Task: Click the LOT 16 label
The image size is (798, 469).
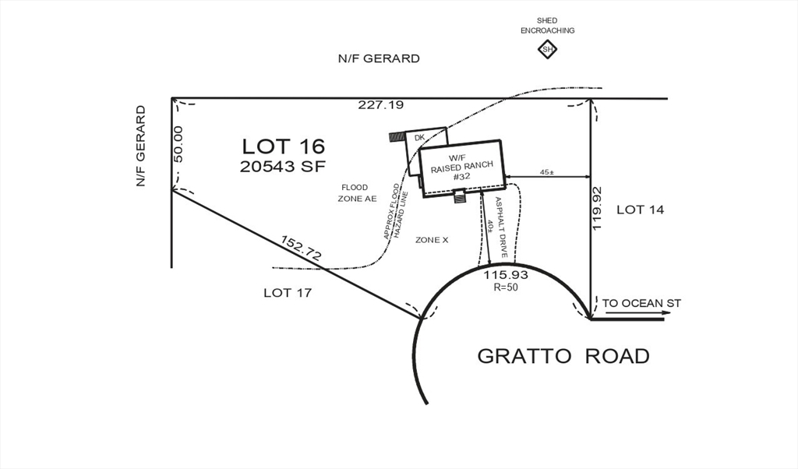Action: tap(283, 146)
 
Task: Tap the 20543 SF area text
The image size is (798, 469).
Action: tap(283, 165)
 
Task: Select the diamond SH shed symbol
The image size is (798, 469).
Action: tap(547, 50)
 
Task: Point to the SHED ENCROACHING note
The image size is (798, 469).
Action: tap(547, 26)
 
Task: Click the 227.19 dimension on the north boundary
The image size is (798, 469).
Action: tap(381, 104)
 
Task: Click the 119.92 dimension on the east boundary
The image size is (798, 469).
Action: tap(598, 207)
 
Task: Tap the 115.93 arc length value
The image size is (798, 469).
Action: tap(506, 275)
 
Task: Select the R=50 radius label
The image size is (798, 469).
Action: tap(506, 287)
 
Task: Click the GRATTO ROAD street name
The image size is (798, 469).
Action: tap(563, 356)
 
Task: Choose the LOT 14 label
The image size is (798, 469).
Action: tap(641, 210)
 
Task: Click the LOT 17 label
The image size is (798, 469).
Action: tap(288, 293)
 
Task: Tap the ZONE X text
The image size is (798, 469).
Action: tap(432, 240)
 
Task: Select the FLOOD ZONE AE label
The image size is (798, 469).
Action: tap(357, 193)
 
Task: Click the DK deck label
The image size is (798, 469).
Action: tap(419, 138)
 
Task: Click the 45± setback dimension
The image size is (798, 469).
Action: tap(547, 172)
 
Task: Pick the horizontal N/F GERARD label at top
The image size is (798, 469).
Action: tap(379, 58)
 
